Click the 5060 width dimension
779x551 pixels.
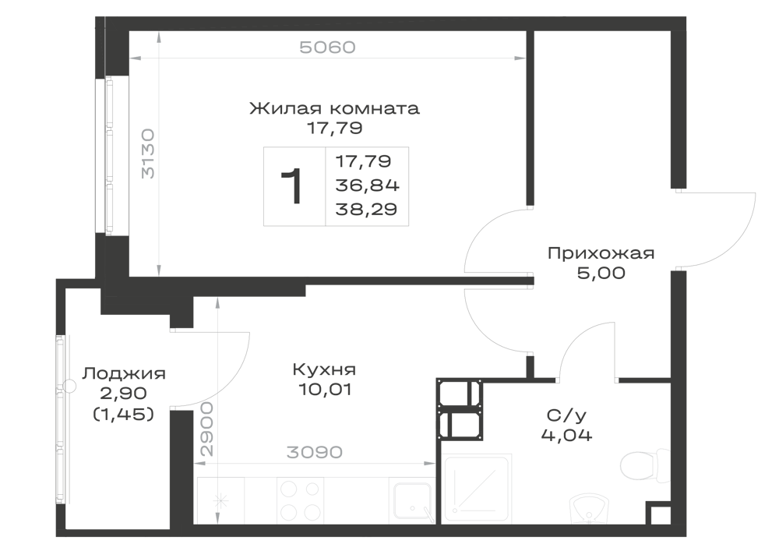point(327,48)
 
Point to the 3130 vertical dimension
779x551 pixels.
point(148,154)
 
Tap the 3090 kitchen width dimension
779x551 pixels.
point(315,452)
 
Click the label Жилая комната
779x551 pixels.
point(334,108)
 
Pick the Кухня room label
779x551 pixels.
point(324,369)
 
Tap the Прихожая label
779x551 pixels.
point(601,253)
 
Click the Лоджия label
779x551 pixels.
point(124,373)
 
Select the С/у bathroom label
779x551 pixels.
point(566,415)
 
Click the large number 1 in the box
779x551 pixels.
point(292,186)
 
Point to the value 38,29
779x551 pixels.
point(367,209)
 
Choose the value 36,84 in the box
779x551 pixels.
point(368,185)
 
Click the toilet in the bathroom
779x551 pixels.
point(645,464)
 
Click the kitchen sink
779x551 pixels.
point(412,501)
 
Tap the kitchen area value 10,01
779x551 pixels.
point(325,390)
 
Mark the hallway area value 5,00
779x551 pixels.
point(601,274)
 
